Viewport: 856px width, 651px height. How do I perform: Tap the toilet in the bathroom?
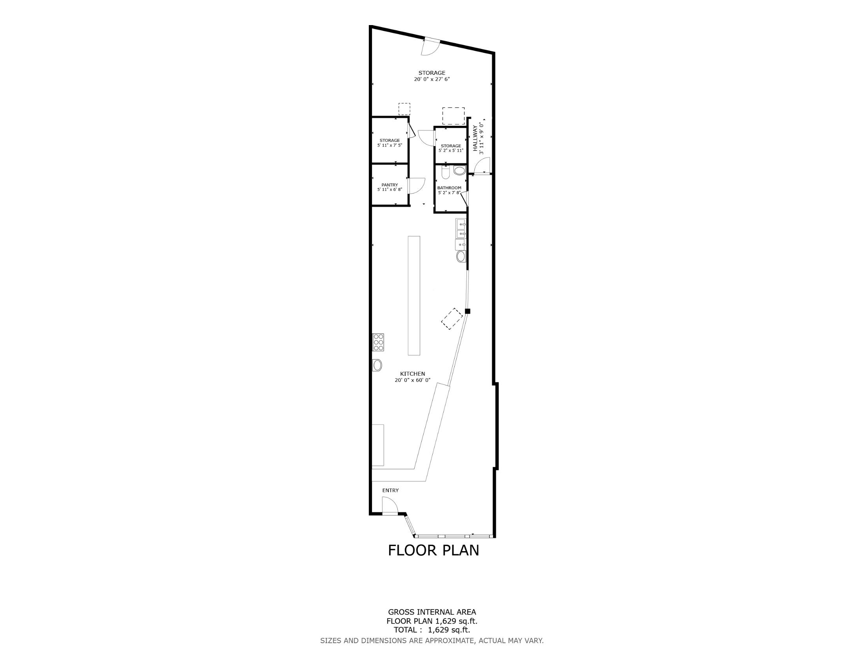[445, 172]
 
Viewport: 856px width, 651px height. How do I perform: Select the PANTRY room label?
[390, 185]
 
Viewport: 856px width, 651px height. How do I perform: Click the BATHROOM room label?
[449, 188]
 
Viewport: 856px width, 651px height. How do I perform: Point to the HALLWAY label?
[475, 138]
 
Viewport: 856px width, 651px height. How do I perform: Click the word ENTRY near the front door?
[390, 490]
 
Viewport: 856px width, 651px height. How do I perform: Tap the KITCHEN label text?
[412, 374]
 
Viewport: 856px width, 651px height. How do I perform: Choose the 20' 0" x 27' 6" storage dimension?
[432, 79]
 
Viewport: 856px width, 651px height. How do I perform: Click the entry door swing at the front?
[390, 505]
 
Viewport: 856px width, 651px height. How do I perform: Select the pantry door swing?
[417, 186]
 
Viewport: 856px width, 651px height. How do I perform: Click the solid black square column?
[467, 311]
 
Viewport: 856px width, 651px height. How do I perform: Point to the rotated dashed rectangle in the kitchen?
[452, 319]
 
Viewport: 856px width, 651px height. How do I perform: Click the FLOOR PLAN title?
[433, 550]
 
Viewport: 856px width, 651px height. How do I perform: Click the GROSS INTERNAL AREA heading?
[432, 612]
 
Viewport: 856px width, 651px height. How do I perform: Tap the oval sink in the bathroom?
[459, 170]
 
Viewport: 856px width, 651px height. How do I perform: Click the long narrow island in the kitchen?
[414, 295]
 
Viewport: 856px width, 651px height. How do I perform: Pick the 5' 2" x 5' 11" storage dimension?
[451, 150]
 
